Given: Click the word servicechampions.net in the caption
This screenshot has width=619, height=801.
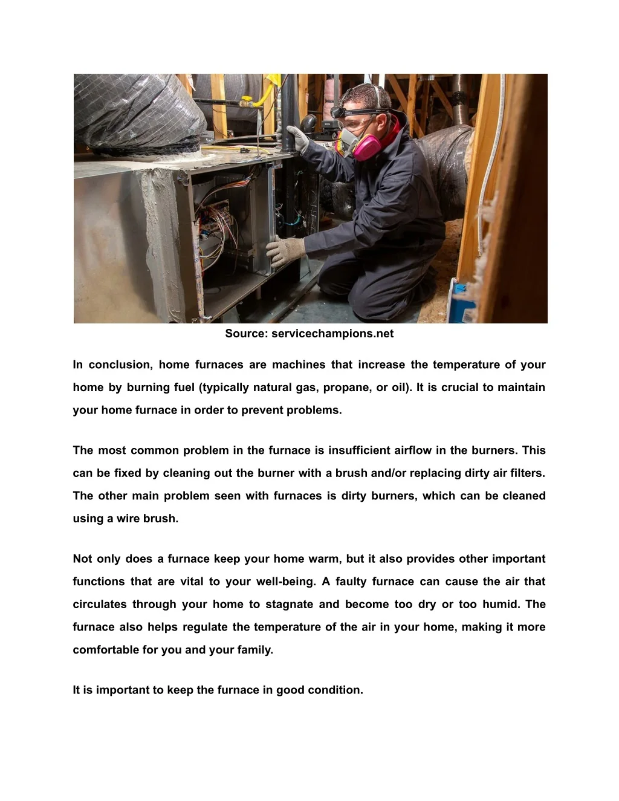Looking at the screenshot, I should point(332,334).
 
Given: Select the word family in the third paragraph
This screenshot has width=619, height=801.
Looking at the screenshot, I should point(254,650).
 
